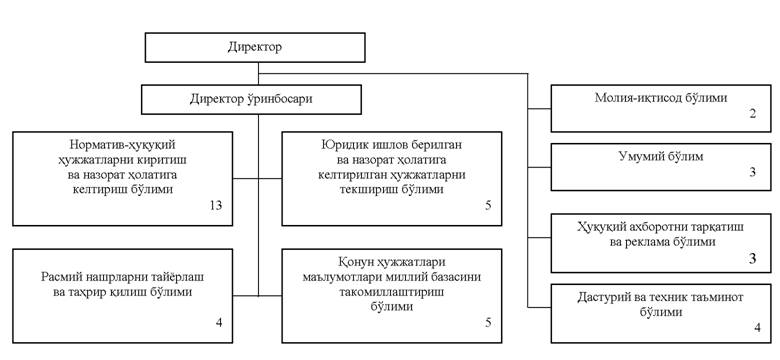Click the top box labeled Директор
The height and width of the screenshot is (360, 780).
[255, 48]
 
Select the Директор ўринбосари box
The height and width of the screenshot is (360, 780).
[251, 99]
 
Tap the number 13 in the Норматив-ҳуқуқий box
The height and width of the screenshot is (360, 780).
[215, 205]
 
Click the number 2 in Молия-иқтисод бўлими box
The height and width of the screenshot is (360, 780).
[753, 113]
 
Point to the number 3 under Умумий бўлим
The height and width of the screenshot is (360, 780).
[753, 173]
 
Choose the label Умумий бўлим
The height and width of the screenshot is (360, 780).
[661, 157]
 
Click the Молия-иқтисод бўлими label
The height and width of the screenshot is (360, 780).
[661, 97]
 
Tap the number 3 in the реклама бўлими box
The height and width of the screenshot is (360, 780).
[753, 259]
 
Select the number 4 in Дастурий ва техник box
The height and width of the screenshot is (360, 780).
[758, 328]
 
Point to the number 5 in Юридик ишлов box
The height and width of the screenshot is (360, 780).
[488, 205]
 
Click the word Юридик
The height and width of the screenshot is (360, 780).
[342, 145]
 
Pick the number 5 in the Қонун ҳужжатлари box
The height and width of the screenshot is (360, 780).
[488, 323]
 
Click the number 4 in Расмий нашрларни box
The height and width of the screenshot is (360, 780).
[219, 323]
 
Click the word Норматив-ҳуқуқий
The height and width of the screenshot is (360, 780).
[123, 145]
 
